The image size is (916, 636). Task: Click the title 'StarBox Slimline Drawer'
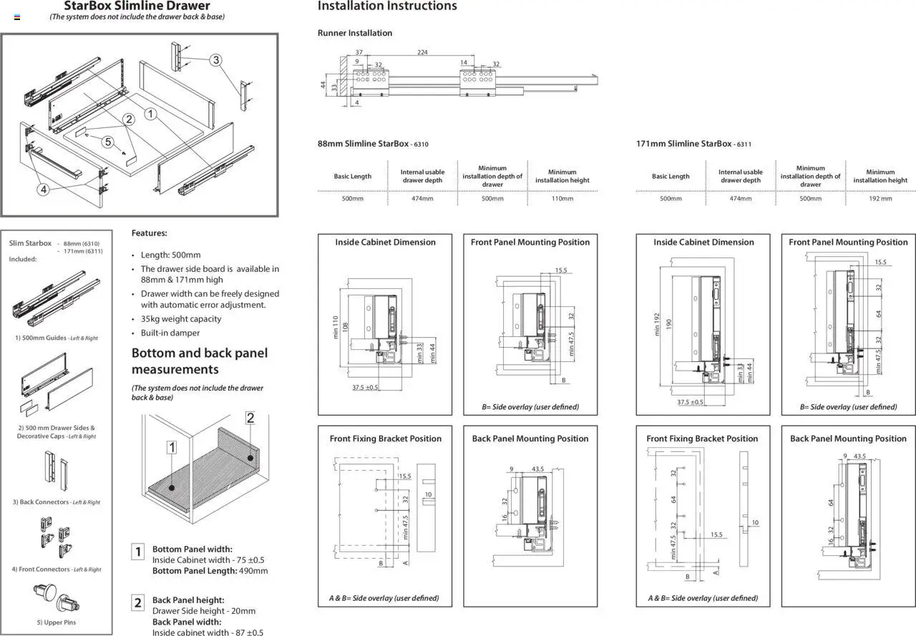pyautogui.click(x=137, y=6)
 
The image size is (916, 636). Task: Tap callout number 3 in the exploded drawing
pyautogui.click(x=215, y=60)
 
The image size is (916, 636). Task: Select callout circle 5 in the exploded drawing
pyautogui.click(x=108, y=142)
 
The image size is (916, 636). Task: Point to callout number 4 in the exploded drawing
pyautogui.click(x=43, y=190)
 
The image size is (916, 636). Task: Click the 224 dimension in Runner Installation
pyautogui.click(x=422, y=52)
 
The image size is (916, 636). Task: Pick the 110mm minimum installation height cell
pyautogui.click(x=562, y=198)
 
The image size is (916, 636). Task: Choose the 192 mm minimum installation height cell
pyautogui.click(x=880, y=198)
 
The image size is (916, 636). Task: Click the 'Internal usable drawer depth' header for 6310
pyautogui.click(x=422, y=176)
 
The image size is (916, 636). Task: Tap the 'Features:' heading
pyautogui.click(x=149, y=233)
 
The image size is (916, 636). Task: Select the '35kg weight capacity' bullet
pyautogui.click(x=181, y=319)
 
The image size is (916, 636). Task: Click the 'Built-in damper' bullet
pyautogui.click(x=170, y=333)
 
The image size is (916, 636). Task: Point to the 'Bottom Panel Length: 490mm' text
pyautogui.click(x=210, y=571)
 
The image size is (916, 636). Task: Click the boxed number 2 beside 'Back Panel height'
pyautogui.click(x=139, y=602)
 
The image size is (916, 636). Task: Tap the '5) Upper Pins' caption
pyautogui.click(x=56, y=622)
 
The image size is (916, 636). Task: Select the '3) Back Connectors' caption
pyautogui.click(x=56, y=502)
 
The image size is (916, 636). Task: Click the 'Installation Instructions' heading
pyautogui.click(x=386, y=6)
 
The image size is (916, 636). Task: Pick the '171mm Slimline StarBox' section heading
pyautogui.click(x=683, y=144)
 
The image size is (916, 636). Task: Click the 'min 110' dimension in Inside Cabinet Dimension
pyautogui.click(x=335, y=328)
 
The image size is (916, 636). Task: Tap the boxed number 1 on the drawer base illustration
pyautogui.click(x=172, y=448)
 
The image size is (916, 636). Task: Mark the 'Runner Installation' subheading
pyautogui.click(x=355, y=33)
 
